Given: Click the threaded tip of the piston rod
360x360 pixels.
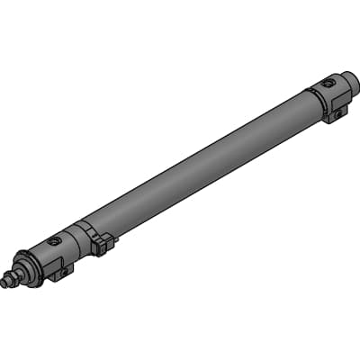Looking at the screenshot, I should [x=8, y=283].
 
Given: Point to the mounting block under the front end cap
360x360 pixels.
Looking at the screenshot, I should [x=60, y=268].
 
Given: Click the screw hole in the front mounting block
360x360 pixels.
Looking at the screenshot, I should [x=65, y=270].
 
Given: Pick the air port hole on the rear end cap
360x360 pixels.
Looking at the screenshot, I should [x=329, y=83].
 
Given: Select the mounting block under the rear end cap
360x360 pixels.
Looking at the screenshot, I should [x=335, y=112].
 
